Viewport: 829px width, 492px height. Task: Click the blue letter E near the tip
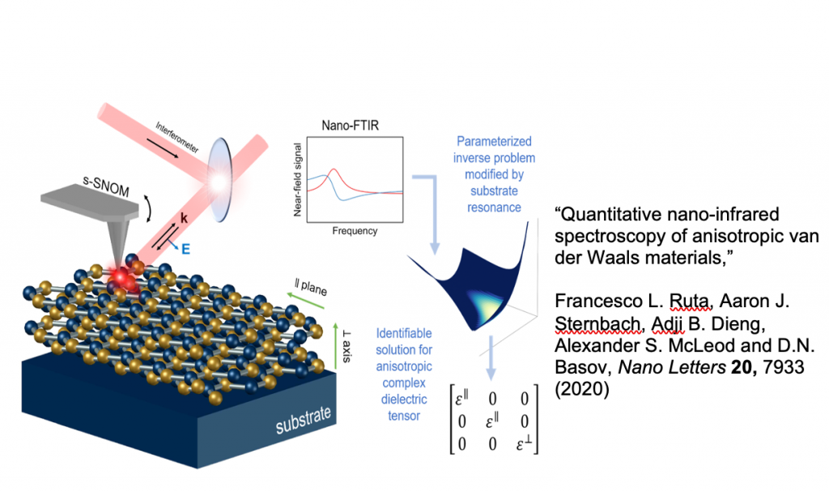[x=185, y=249]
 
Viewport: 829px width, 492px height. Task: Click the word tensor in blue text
[x=403, y=417]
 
